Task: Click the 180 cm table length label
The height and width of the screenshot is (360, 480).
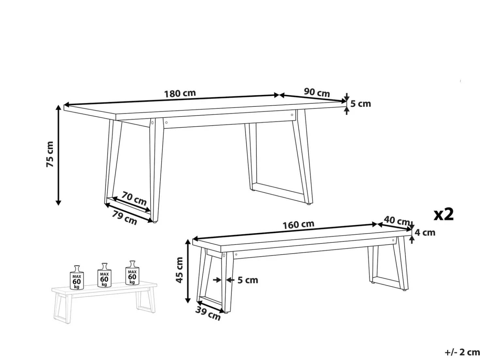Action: [x=180, y=94]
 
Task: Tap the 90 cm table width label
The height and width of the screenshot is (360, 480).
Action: [x=317, y=92]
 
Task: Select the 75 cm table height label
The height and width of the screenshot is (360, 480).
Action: [x=50, y=154]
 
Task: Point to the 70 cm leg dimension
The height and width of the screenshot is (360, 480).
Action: [x=134, y=198]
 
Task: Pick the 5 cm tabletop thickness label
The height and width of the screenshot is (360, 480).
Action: [x=360, y=103]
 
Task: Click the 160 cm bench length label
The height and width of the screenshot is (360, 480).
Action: [x=298, y=225]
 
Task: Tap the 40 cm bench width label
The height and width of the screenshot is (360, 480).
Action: [x=396, y=221]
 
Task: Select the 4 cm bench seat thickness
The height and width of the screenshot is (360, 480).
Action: [x=425, y=233]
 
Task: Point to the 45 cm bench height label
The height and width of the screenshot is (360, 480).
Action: [x=180, y=270]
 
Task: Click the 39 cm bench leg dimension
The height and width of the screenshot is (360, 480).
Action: [x=208, y=314]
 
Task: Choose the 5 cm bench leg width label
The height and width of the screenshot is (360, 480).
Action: [x=248, y=280]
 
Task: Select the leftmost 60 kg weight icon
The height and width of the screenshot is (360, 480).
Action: [x=76, y=277]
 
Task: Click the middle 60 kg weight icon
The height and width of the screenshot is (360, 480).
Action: [x=104, y=275]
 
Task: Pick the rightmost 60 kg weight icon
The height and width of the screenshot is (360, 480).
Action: [x=132, y=273]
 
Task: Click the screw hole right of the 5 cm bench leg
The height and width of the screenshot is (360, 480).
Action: [x=236, y=255]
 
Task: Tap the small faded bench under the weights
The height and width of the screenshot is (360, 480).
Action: [x=104, y=302]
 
